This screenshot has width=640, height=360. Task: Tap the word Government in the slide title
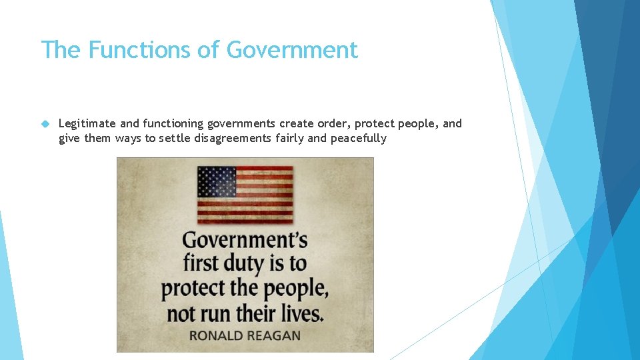click(x=292, y=50)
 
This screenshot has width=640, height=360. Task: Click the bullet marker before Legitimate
click(x=45, y=123)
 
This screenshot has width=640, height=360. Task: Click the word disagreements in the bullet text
click(x=232, y=139)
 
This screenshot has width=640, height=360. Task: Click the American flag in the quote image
click(x=245, y=195)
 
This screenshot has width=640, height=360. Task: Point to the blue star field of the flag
click(x=217, y=181)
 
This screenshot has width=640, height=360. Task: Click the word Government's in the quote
click(x=245, y=239)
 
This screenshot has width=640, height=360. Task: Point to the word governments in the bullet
click(x=242, y=123)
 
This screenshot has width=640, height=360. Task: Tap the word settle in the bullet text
click(x=175, y=139)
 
